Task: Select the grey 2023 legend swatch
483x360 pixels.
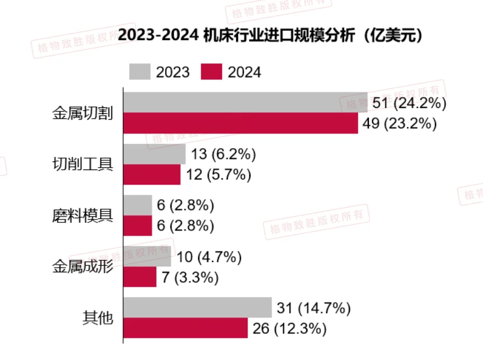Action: (139, 72)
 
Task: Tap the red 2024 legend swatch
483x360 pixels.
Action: (212, 72)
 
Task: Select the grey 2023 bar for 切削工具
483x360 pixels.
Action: (155, 154)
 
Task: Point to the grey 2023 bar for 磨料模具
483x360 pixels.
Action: (138, 205)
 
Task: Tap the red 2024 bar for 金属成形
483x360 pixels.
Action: (140, 277)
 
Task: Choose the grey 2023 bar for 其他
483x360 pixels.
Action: (198, 308)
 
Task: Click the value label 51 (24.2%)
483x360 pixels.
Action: (409, 104)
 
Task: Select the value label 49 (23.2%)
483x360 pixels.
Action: (399, 124)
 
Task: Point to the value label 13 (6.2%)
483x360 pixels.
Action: (223, 155)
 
